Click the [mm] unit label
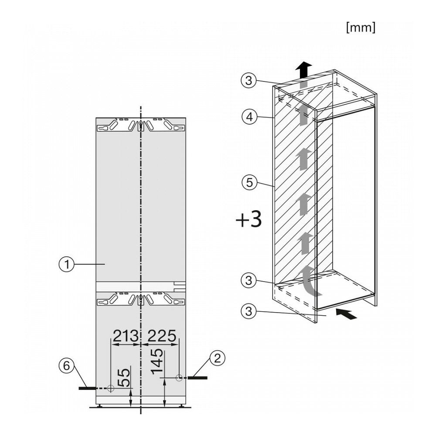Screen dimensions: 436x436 361,27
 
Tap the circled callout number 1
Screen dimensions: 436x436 66,264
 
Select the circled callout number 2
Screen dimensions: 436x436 217,358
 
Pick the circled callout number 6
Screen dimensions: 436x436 66,366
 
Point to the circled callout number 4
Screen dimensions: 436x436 249,117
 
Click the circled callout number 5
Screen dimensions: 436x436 249,183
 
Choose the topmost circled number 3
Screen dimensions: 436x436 249,81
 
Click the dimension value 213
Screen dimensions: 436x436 126,336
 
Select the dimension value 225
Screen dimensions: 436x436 162,336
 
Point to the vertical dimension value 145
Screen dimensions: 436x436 157,361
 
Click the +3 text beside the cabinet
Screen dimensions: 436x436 249,219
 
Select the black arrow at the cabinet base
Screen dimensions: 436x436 346,313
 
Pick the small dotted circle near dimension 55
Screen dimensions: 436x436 111,388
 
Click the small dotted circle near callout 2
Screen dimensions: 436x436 179,378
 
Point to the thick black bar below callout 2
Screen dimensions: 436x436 198,378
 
